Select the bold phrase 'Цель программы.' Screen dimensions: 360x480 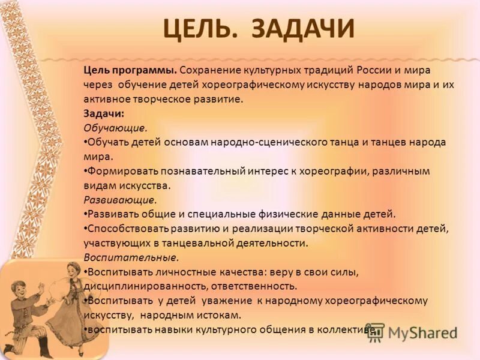click(x=130, y=70)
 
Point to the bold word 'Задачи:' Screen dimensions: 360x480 click(x=104, y=113)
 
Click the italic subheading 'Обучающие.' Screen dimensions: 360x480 click(x=115, y=127)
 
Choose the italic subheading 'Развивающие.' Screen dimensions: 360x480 click(x=120, y=200)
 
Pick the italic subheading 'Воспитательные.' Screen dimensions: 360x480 click(x=131, y=257)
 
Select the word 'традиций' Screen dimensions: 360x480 click(x=332, y=70)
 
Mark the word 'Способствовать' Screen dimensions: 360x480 click(x=128, y=229)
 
